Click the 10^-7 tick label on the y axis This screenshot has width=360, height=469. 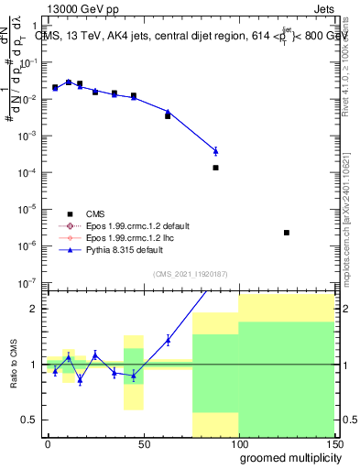click(x=28, y=282)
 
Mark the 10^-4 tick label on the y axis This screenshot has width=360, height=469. click(x=28, y=172)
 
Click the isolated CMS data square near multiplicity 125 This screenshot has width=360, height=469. click(x=287, y=233)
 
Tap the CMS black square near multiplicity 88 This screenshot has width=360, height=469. click(x=215, y=168)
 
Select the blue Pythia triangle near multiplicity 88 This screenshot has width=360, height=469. click(x=215, y=150)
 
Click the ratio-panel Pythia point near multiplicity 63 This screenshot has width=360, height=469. click(x=168, y=340)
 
